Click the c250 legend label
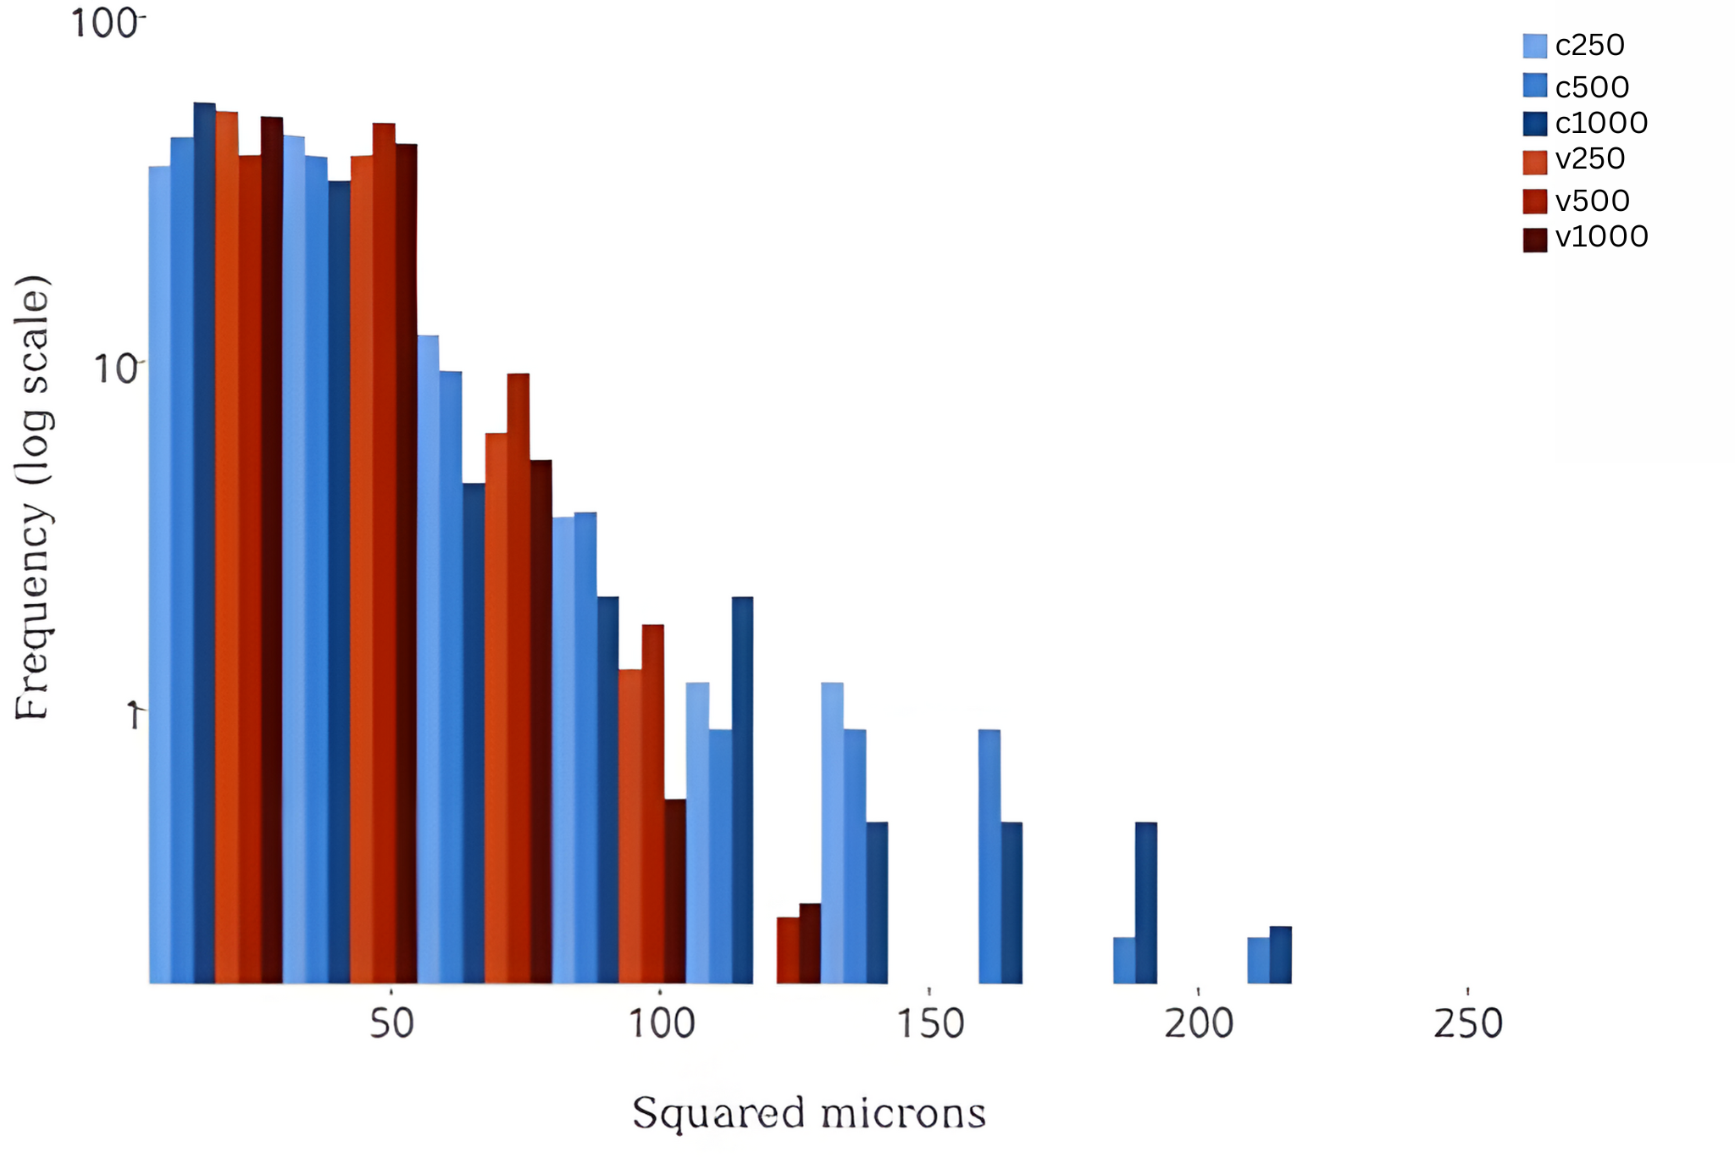(x=1589, y=46)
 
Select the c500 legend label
(x=1592, y=86)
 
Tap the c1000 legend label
(x=1601, y=124)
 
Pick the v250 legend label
(x=1589, y=159)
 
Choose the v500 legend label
(x=1592, y=201)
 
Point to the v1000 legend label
(x=1601, y=237)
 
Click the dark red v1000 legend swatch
(x=1534, y=240)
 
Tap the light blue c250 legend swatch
(x=1534, y=46)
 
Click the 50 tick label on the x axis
(x=392, y=1024)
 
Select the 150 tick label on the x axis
(x=930, y=1024)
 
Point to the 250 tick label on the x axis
(x=1468, y=1024)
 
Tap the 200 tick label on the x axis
(x=1199, y=1024)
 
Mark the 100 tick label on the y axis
(x=103, y=24)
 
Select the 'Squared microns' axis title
(x=809, y=1113)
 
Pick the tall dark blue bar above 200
(x=1145, y=902)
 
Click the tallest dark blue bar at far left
(x=204, y=542)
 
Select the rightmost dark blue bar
(x=1280, y=955)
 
